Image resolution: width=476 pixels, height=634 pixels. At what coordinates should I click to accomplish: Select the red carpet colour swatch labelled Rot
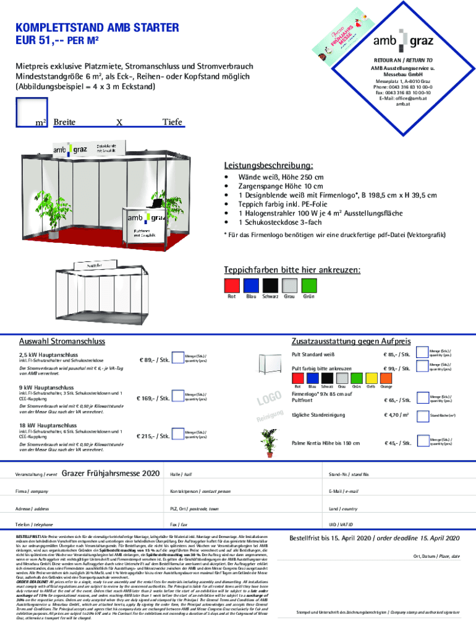(232, 285)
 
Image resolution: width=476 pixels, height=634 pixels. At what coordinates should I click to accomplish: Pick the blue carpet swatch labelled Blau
(251, 285)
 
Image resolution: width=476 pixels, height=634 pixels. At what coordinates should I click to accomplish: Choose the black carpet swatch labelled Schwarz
(270, 285)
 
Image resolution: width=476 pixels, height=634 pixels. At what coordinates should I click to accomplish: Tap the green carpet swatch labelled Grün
(308, 285)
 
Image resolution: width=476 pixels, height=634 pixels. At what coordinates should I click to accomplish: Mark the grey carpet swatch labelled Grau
(289, 285)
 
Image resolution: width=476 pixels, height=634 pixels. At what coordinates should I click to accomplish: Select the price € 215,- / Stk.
(155, 436)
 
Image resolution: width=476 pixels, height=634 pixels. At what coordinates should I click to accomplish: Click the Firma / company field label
(32, 491)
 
